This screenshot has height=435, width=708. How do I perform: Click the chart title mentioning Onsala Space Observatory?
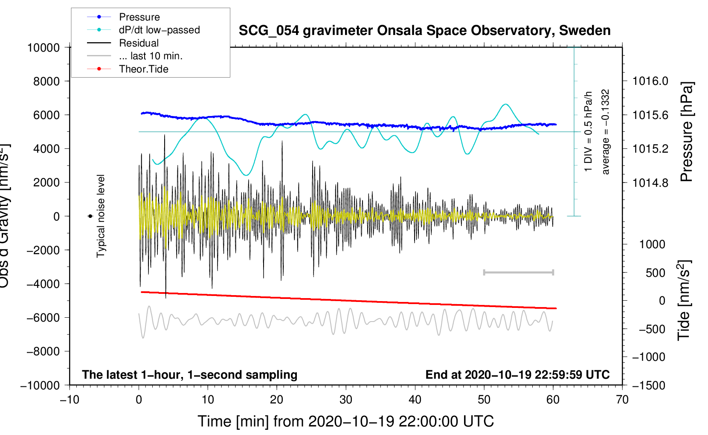pyautogui.click(x=424, y=31)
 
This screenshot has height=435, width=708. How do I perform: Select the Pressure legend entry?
pyautogui.click(x=139, y=17)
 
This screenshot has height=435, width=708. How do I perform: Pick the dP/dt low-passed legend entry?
pyautogui.click(x=159, y=30)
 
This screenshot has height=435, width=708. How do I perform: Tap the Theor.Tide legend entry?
pyautogui.click(x=143, y=69)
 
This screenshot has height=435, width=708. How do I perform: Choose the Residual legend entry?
pyautogui.click(x=139, y=43)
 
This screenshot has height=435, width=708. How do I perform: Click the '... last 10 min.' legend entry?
pyautogui.click(x=150, y=56)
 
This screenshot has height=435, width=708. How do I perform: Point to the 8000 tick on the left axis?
pyautogui.click(x=46, y=81)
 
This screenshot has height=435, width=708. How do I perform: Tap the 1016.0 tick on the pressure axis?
pyautogui.click(x=650, y=81)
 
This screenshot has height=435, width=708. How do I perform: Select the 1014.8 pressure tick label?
pyautogui.click(x=650, y=183)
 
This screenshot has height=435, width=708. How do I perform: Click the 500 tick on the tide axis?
pyautogui.click(x=655, y=273)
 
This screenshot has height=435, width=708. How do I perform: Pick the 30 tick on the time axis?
pyautogui.click(x=346, y=400)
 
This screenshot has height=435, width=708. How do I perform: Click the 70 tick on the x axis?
pyautogui.click(x=622, y=400)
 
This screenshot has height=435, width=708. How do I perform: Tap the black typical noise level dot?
pyautogui.click(x=90, y=216)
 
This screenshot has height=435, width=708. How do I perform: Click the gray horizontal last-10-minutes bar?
pyautogui.click(x=518, y=272)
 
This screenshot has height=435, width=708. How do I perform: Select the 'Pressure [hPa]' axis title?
pyautogui.click(x=687, y=132)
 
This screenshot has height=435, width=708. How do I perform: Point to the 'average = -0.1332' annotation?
pyautogui.click(x=605, y=132)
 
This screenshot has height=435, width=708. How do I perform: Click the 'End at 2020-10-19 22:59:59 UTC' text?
pyautogui.click(x=517, y=374)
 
